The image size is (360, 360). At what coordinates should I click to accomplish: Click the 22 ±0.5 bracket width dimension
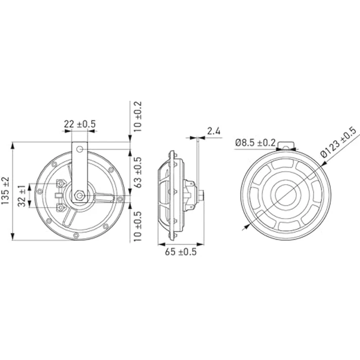coord(80,124)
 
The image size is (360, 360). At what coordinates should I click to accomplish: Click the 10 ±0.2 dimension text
coord(138,117)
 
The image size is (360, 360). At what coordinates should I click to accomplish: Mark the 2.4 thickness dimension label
coord(214,132)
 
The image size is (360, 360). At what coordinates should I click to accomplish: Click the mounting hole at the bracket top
coord(80,149)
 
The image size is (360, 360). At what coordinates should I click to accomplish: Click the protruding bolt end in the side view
coord(204,195)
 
